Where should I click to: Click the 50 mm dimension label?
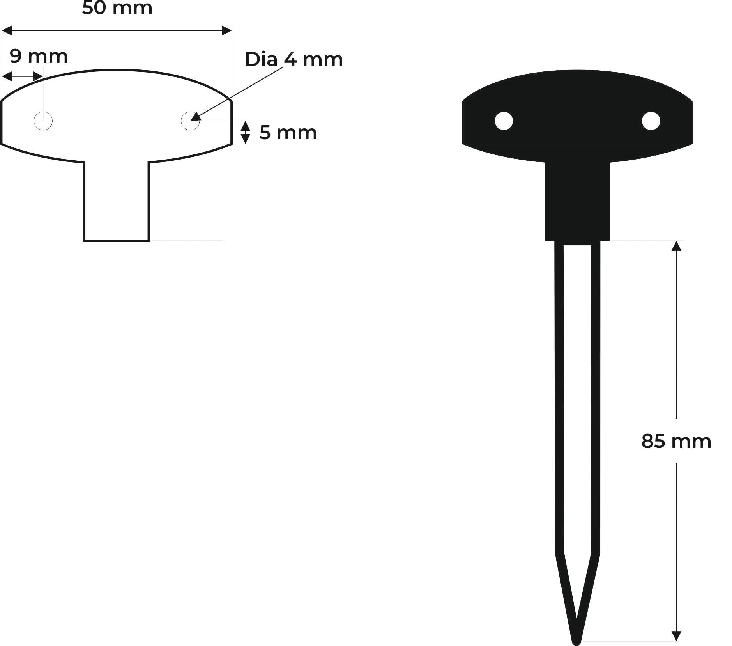pyautogui.click(x=117, y=8)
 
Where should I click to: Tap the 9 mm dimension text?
pyautogui.click(x=39, y=57)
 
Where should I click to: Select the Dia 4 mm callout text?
pyautogui.click(x=294, y=59)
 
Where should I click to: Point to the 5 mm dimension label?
pyautogui.click(x=288, y=133)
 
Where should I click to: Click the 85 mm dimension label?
pyautogui.click(x=676, y=441)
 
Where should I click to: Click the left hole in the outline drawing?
pyautogui.click(x=43, y=121)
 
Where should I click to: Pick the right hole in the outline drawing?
pyautogui.click(x=190, y=121)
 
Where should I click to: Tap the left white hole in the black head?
pyautogui.click(x=504, y=121)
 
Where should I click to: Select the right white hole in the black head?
pyautogui.click(x=651, y=121)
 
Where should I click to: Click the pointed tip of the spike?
pyautogui.click(x=576, y=642)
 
